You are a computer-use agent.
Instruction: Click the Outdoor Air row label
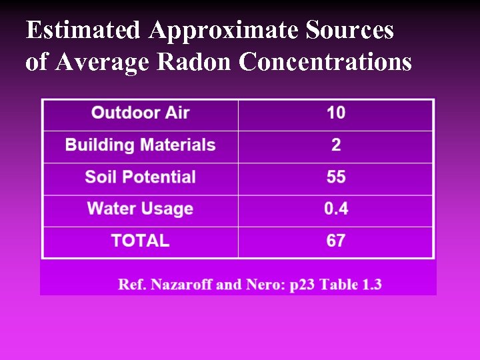pyautogui.click(x=140, y=113)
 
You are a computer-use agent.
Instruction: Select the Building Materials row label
pyautogui.click(x=140, y=145)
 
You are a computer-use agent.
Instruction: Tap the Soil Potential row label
pyautogui.click(x=140, y=177)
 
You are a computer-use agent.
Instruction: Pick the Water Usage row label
pyautogui.click(x=140, y=209)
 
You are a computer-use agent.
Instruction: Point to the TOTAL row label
pyautogui.click(x=140, y=241)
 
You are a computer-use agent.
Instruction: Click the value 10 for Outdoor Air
pyautogui.click(x=336, y=113)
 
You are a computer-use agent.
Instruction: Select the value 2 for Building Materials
pyautogui.click(x=336, y=145)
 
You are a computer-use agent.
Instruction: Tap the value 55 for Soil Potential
pyautogui.click(x=336, y=177)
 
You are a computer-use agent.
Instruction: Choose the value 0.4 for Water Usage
pyautogui.click(x=336, y=209)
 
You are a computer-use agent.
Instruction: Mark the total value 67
pyautogui.click(x=336, y=241)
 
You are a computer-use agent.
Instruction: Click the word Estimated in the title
pyautogui.click(x=83, y=31)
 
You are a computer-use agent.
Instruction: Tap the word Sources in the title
pyautogui.click(x=350, y=31)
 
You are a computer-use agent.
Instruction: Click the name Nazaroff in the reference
pyautogui.click(x=181, y=285)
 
